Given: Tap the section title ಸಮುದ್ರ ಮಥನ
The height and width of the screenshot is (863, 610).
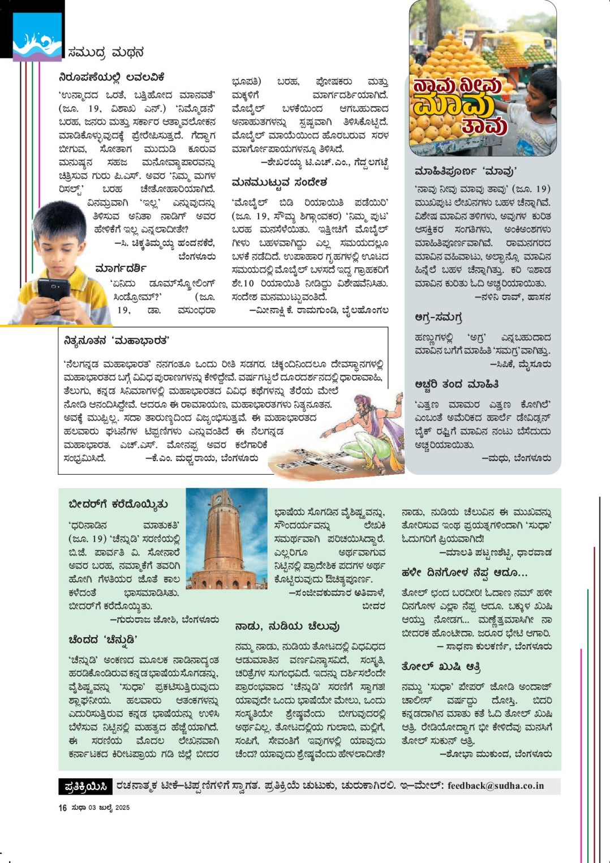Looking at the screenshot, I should point(106,53).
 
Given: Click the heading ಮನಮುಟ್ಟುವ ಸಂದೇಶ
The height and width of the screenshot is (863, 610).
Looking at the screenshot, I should point(279,182).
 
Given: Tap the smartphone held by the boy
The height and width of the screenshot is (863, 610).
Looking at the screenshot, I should point(54,289).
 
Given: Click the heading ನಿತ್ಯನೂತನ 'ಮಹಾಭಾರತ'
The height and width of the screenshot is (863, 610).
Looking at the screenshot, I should point(117,341).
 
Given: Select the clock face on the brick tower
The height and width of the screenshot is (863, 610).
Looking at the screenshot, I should point(218,500).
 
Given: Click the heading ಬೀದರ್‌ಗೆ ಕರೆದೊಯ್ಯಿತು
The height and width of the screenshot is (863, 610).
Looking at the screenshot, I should point(118,504).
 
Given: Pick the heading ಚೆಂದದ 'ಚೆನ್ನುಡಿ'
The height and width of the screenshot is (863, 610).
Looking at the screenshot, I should point(103,640).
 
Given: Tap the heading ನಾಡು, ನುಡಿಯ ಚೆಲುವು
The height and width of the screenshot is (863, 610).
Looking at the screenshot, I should point(287,626).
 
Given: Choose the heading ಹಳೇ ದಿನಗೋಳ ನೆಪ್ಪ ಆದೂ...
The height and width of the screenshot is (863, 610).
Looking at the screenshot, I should point(464,572).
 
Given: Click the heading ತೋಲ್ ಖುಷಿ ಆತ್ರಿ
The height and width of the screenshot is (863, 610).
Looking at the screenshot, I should point(441,667).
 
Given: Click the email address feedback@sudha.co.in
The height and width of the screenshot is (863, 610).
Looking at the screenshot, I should point(495,785).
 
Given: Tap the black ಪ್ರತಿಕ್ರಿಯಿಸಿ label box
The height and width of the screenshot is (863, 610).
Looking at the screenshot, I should point(85,786).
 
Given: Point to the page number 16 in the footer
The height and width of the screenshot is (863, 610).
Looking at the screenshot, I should point(62,808).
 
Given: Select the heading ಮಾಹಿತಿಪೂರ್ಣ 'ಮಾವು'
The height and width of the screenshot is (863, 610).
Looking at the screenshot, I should point(465,171).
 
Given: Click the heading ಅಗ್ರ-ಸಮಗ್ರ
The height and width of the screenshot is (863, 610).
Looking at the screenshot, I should point(438,317).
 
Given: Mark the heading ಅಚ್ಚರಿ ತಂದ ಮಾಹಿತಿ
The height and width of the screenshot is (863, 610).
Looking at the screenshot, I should point(456,384).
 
